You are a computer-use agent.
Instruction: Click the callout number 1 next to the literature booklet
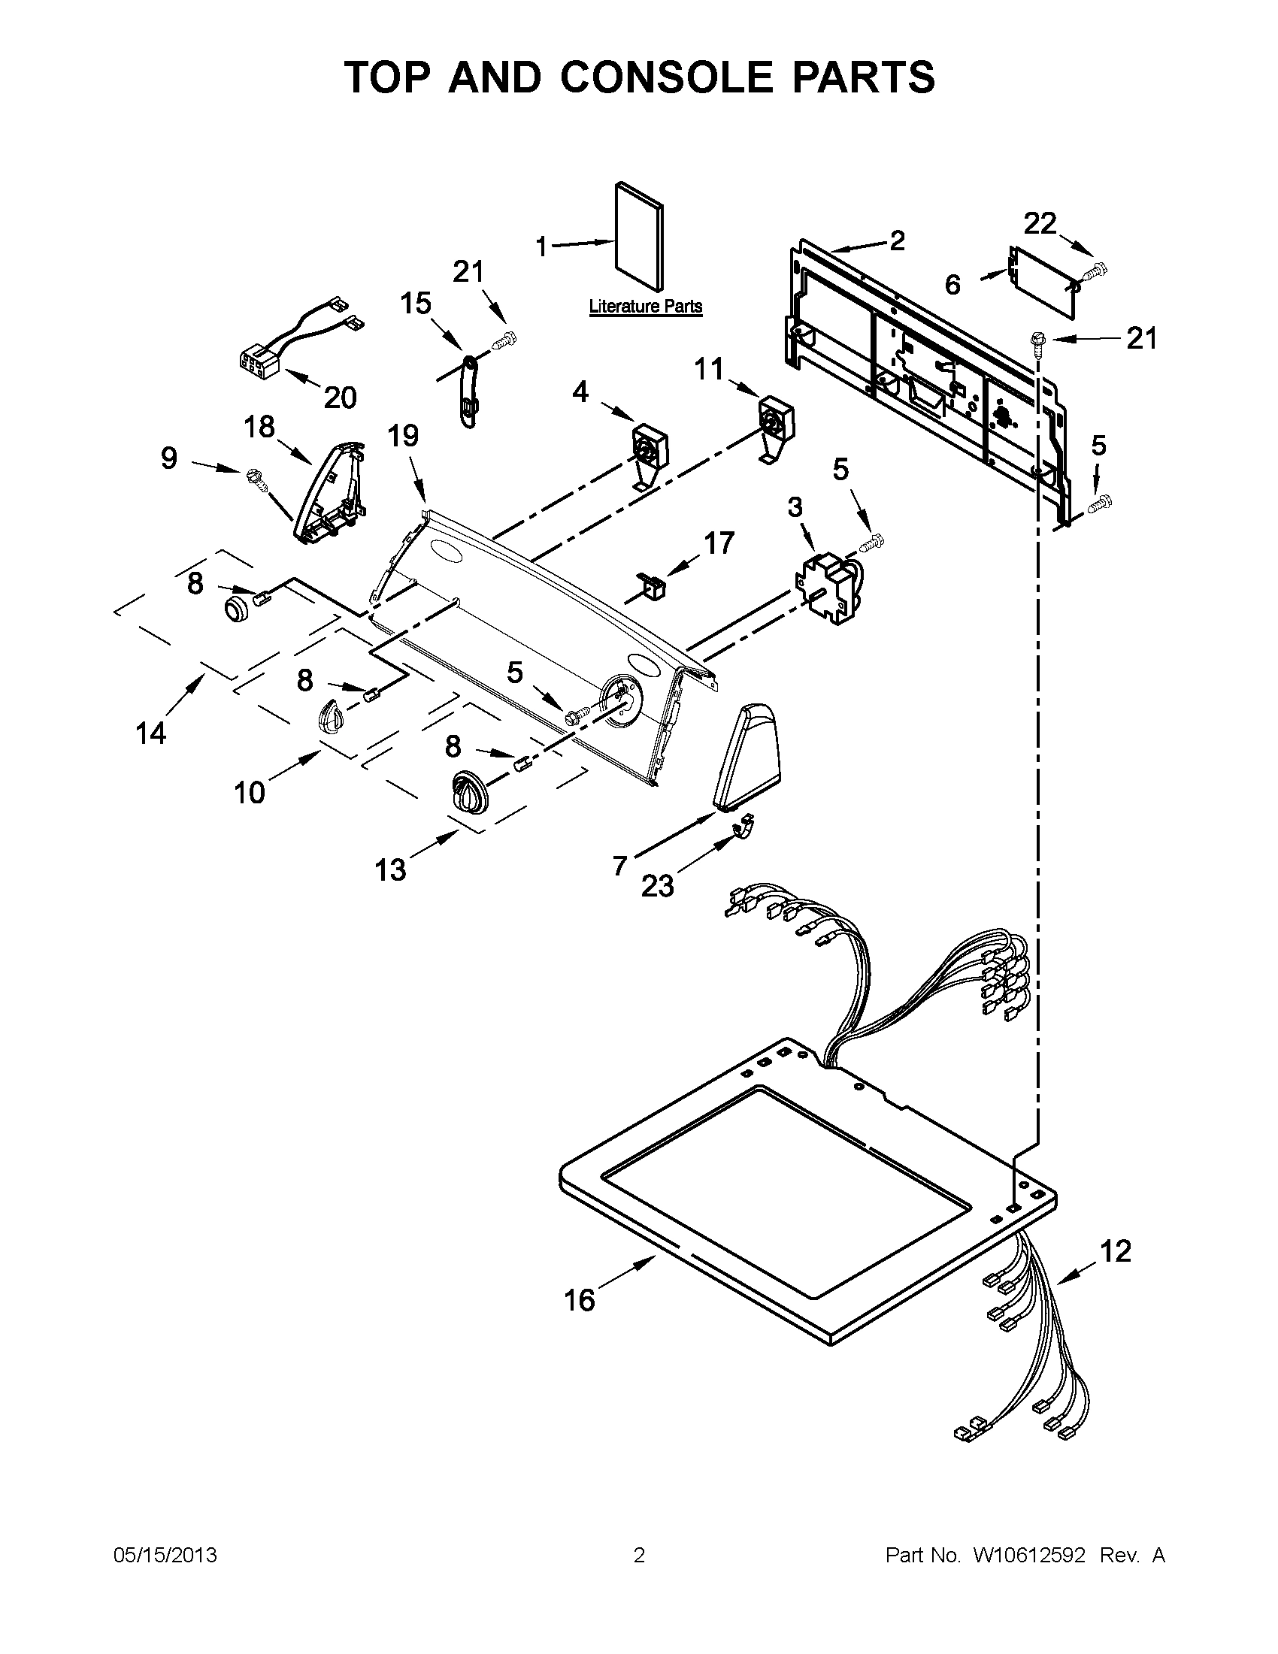click(x=541, y=246)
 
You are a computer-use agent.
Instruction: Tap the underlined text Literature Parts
click(x=646, y=307)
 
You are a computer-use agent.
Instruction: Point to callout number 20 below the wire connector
click(x=340, y=397)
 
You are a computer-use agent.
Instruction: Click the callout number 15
click(x=416, y=303)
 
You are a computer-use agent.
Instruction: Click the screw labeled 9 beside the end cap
click(x=253, y=477)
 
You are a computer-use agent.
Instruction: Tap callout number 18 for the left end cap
click(x=259, y=427)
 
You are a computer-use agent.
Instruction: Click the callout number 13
click(x=390, y=870)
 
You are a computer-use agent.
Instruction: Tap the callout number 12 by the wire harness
click(x=1115, y=1251)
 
